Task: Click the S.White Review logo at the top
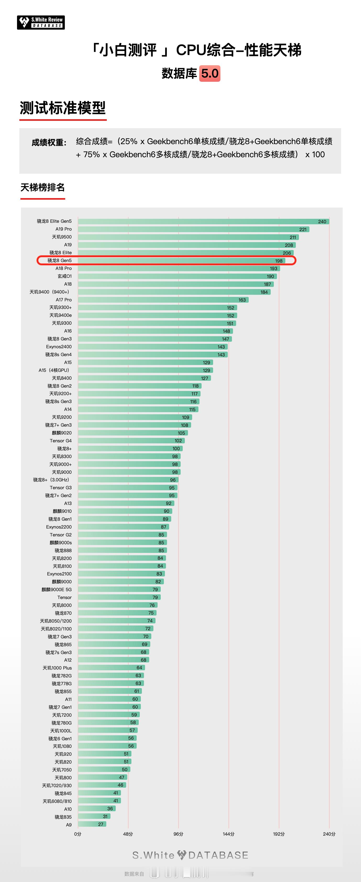41,23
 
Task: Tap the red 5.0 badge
210,74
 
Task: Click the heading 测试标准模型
63,108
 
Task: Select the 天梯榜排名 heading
43,188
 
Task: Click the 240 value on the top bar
322,221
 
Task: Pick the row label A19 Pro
64,229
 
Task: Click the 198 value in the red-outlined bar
279,261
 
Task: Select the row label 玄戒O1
65,276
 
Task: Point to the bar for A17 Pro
163,300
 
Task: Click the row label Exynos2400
59,347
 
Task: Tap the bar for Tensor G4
131,441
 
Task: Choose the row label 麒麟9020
62,433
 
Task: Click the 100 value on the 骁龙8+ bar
176,449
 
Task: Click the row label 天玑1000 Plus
57,668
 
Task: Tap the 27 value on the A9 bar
101,824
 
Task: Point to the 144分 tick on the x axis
229,834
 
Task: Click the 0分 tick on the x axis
78,834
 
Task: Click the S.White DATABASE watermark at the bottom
190,855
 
